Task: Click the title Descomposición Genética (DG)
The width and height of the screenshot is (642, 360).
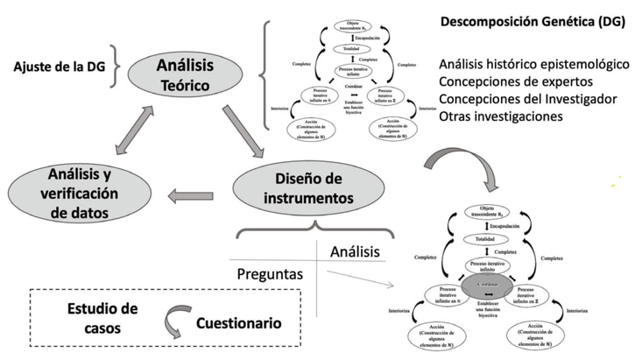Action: (x=530, y=22)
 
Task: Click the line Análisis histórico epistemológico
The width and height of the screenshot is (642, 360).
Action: (x=534, y=65)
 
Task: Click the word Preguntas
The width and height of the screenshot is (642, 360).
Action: (x=269, y=274)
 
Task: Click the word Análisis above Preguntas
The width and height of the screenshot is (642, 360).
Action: (x=354, y=251)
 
